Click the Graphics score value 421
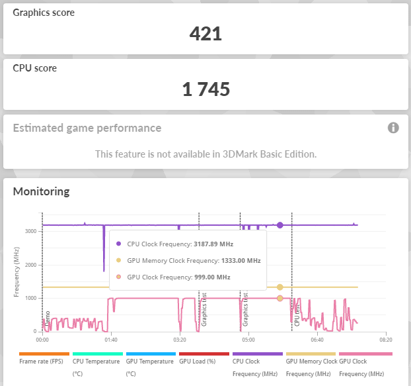tap(205, 34)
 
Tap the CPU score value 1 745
tap(206, 89)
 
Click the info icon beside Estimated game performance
tap(393, 128)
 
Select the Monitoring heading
tap(42, 191)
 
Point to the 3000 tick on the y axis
tap(30, 231)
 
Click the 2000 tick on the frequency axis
tap(30, 265)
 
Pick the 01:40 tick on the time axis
tap(111, 340)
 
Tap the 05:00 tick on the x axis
tap(248, 340)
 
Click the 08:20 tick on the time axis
tap(386, 340)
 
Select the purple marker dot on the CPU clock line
tap(280, 225)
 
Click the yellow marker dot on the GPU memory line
tap(280, 287)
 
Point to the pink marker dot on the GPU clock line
tap(280, 299)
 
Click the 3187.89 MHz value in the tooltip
tap(213, 244)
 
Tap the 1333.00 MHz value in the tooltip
tap(241, 261)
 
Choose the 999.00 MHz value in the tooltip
tap(212, 277)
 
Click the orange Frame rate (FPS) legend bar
tap(44, 354)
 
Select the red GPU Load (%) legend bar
tap(204, 354)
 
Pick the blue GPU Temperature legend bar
tap(151, 354)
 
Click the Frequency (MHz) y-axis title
tap(17, 272)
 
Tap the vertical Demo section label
tap(48, 318)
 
